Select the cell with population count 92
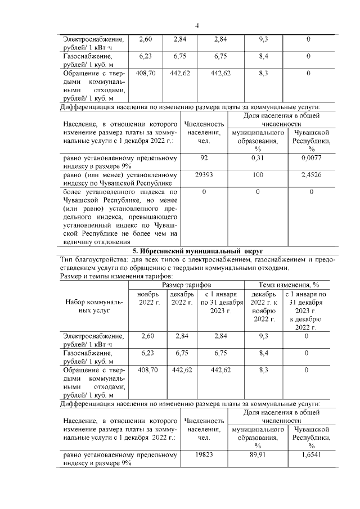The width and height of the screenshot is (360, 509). [x=204, y=159]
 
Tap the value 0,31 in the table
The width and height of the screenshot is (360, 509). [x=258, y=159]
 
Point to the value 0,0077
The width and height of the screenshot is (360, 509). [x=311, y=159]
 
